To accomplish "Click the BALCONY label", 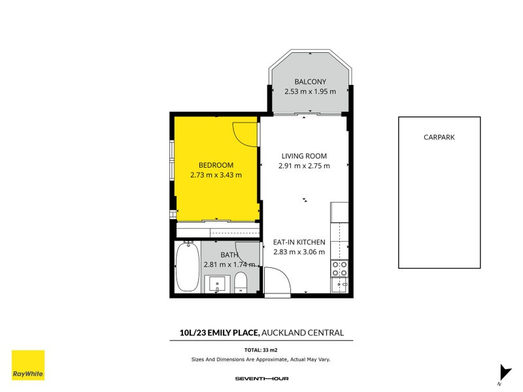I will [310, 82].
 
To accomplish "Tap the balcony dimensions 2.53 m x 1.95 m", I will [310, 91].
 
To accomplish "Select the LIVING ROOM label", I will [304, 155].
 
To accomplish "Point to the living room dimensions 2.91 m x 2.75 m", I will [304, 165].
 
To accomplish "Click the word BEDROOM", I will [216, 165].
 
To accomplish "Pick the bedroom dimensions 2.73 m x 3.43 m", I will [216, 174].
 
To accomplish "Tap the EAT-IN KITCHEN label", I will [299, 242].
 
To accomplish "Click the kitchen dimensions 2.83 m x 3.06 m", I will [299, 252].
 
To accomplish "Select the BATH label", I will [229, 255].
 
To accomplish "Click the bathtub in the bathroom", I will [188, 268].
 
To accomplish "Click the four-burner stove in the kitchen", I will [340, 268].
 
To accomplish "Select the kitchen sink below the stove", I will [340, 285].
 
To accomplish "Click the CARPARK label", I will [439, 137].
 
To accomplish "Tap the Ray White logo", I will [28, 365].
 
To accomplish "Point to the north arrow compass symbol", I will [504, 373].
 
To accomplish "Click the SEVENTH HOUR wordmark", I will [261, 378].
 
